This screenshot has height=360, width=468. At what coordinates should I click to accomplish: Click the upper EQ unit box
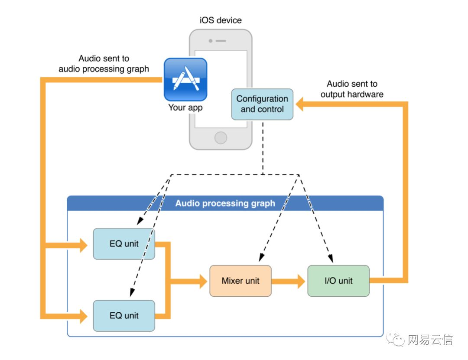coord(124,244)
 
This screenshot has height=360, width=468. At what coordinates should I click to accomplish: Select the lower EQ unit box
coord(124,315)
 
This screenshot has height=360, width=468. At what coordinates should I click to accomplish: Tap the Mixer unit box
coord(240,281)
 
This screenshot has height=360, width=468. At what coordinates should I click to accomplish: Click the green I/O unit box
coord(338,281)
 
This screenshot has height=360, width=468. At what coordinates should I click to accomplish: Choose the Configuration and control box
coord(262,104)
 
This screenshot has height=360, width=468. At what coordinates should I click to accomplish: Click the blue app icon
coord(185,79)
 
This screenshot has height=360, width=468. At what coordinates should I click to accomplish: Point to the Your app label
coord(185,108)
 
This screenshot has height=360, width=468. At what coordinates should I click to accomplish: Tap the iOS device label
coord(220,20)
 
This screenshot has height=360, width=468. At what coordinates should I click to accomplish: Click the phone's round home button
coord(221,138)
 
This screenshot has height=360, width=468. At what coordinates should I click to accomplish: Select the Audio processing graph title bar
coord(225,203)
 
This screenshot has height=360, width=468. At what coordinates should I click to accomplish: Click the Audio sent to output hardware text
coord(352,89)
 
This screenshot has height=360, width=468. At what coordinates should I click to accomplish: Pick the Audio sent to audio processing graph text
coord(104,63)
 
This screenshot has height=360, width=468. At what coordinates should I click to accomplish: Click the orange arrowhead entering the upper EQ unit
coord(84,246)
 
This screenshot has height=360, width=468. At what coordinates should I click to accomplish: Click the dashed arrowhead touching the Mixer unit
coord(262,258)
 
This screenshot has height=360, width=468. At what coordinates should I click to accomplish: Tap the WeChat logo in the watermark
coord(396,339)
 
